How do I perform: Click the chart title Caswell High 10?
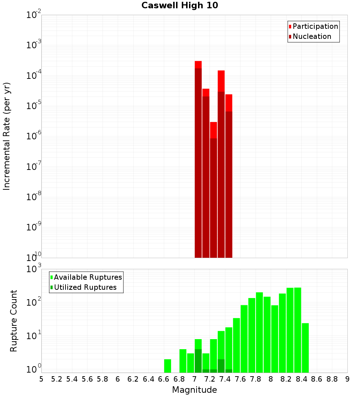coord(180,5)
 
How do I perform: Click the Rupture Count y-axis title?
coord(14,321)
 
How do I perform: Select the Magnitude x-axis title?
coord(194,390)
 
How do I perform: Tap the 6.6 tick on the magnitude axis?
coord(163,379)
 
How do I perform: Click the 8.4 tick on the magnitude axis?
coord(301,379)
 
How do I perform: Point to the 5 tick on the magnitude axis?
coord(41,379)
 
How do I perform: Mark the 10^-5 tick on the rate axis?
coord(34,106)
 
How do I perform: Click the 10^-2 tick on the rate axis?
coord(34,15)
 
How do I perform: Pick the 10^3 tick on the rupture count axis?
coord(34,269)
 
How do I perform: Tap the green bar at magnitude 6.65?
coord(167,366)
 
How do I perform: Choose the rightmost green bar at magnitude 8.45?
coord(305,348)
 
